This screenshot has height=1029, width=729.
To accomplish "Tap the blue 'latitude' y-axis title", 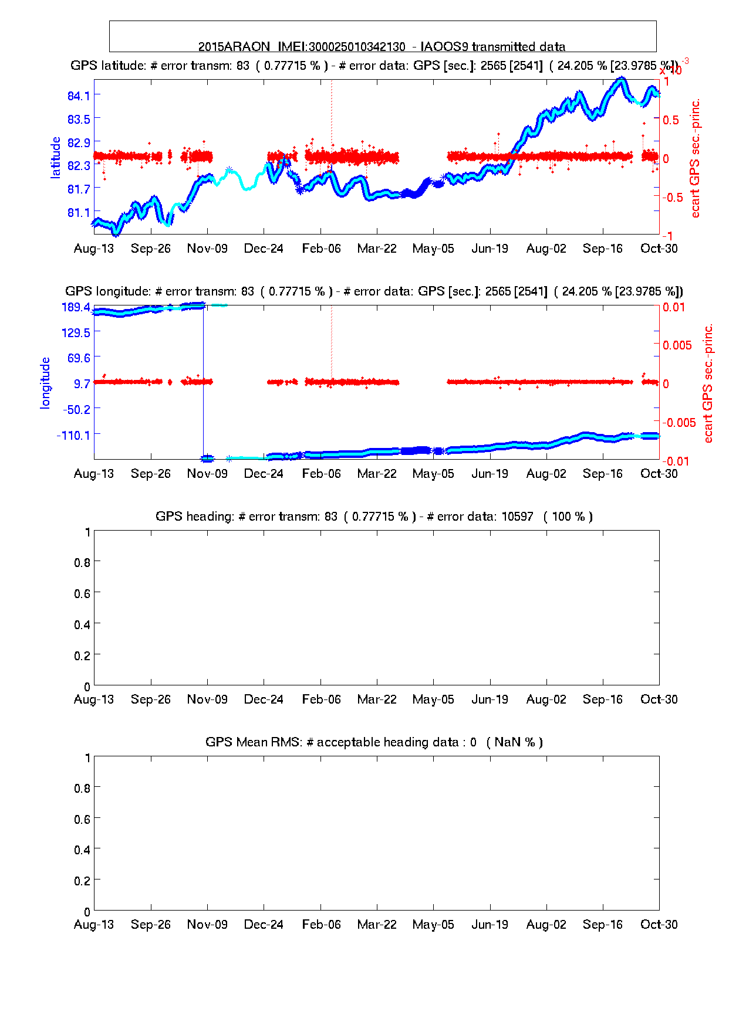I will [x=56, y=157].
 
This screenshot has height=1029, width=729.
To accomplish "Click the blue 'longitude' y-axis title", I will [x=45, y=382].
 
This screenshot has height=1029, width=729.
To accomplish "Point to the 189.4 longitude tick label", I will [x=76, y=307].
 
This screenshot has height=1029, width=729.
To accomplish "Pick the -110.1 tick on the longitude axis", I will [x=73, y=434].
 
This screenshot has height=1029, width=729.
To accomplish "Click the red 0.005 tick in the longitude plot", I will [x=677, y=345].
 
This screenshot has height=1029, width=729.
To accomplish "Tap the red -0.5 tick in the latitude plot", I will [x=673, y=197].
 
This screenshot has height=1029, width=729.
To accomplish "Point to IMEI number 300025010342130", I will [x=357, y=47].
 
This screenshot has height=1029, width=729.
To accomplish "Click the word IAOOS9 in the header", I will [x=444, y=47].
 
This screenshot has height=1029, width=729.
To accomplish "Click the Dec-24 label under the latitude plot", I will [x=264, y=249].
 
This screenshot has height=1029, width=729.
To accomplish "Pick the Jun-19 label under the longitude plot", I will [x=490, y=474].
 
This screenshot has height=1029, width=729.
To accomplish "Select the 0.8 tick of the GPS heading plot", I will [x=82, y=562].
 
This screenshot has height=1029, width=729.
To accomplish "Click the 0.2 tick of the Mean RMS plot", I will [x=82, y=881].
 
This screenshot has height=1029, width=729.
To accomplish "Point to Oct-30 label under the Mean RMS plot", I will [x=659, y=925].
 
